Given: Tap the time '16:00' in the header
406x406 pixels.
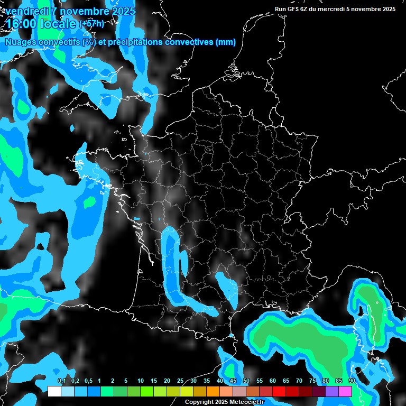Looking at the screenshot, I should coord(22,24).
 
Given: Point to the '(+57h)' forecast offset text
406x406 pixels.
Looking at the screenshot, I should coord(91,23).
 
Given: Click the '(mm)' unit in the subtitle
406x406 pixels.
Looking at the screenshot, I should coord(226,42).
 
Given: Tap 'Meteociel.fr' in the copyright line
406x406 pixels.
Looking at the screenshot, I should coord(247,402).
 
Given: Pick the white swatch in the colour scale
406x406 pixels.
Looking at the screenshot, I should coord(54,391).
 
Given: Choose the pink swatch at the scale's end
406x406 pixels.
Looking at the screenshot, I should coord(345,391).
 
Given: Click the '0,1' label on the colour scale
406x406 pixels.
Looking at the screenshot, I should coord(61,381).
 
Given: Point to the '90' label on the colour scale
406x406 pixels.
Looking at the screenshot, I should coord(352,381).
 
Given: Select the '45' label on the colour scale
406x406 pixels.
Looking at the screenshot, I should coord(233,381).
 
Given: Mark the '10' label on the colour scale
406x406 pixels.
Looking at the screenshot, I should coord(141,381).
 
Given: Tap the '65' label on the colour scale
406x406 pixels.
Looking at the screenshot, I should coord(286,381).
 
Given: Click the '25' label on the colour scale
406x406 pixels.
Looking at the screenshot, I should coord(180,381).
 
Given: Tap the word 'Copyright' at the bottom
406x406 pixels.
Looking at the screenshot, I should coord(199,402).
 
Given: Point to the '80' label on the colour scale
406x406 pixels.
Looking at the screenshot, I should coord(326,381).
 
